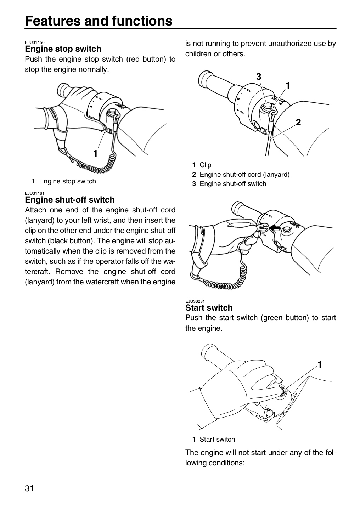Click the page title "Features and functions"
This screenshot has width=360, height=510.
coord(99,21)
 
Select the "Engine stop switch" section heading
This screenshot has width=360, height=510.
coord(63,49)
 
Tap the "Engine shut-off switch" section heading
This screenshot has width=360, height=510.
coord(70,200)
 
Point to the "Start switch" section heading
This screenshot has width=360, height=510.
coord(209,307)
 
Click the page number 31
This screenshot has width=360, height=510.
coord(29,489)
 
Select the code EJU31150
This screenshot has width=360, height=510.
coord(35,42)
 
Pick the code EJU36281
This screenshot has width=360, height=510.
coord(195,301)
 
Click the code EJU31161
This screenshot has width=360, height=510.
coord(35,193)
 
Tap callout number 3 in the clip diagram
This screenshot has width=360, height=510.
coord(259,77)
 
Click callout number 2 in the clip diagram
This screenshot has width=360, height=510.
coord(298,123)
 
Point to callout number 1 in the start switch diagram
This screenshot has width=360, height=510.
coord(320,365)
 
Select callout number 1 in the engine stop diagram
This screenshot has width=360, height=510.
coord(95,153)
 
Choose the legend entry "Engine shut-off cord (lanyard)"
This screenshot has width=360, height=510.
coord(241,174)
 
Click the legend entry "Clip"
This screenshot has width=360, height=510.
coord(202,165)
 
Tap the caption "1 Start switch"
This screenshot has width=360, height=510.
coord(214,439)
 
